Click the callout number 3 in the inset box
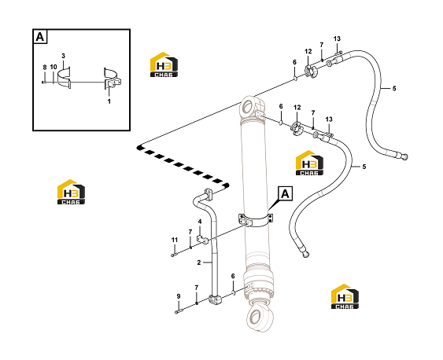63,56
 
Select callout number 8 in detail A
45,68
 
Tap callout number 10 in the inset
54,67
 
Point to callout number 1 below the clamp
109,101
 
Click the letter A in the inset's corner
40,37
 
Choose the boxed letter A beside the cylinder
286,194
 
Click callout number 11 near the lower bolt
175,240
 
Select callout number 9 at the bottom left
179,296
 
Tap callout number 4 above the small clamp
200,222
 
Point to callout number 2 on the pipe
199,263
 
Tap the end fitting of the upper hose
404,156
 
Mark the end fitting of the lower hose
305,254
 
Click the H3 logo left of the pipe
71,192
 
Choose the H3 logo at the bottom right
345,296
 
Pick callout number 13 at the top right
337,39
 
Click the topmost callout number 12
308,51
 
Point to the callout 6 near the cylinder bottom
233,276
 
